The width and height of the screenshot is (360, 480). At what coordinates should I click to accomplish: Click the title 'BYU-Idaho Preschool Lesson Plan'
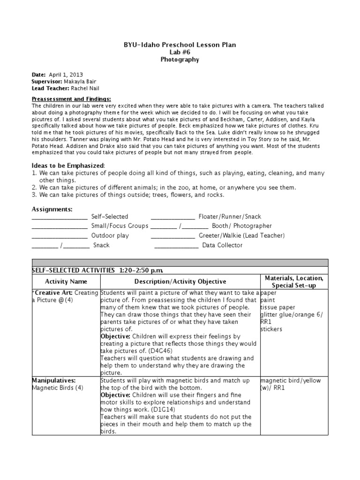pyautogui.click(x=180, y=45)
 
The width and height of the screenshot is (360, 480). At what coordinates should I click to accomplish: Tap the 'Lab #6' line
pyautogui.click(x=180, y=52)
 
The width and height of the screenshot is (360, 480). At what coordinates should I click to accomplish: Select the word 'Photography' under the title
pyautogui.click(x=180, y=60)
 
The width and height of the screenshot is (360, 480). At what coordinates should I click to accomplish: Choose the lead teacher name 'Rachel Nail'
pyautogui.click(x=85, y=88)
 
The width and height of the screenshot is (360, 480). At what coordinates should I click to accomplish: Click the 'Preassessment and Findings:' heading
pyautogui.click(x=71, y=99)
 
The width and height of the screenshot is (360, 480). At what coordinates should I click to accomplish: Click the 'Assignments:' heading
pyautogui.click(x=52, y=209)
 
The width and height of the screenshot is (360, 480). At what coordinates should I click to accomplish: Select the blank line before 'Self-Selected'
pyautogui.click(x=59, y=217)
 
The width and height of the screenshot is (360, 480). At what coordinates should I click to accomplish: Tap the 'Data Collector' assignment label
pyautogui.click(x=222, y=245)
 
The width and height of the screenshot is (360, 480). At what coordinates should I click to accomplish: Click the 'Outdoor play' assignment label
pyautogui.click(x=110, y=236)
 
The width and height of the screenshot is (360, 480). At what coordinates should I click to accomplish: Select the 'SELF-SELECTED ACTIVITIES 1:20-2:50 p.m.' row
pyautogui.click(x=97, y=270)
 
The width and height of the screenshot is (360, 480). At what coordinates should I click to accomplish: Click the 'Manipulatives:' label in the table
pyautogui.click(x=52, y=381)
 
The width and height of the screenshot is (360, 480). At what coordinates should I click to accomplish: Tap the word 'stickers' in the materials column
pyautogui.click(x=271, y=329)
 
